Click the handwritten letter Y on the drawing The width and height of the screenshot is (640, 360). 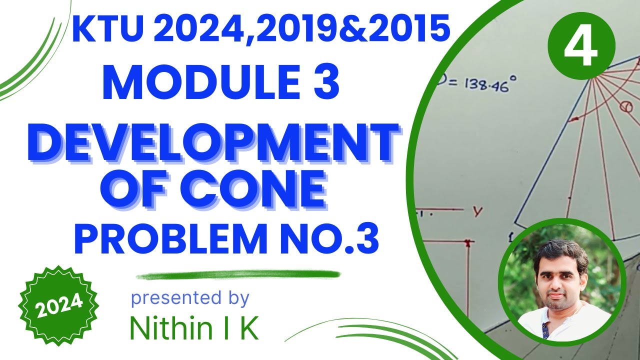pyautogui.click(x=477, y=212)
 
